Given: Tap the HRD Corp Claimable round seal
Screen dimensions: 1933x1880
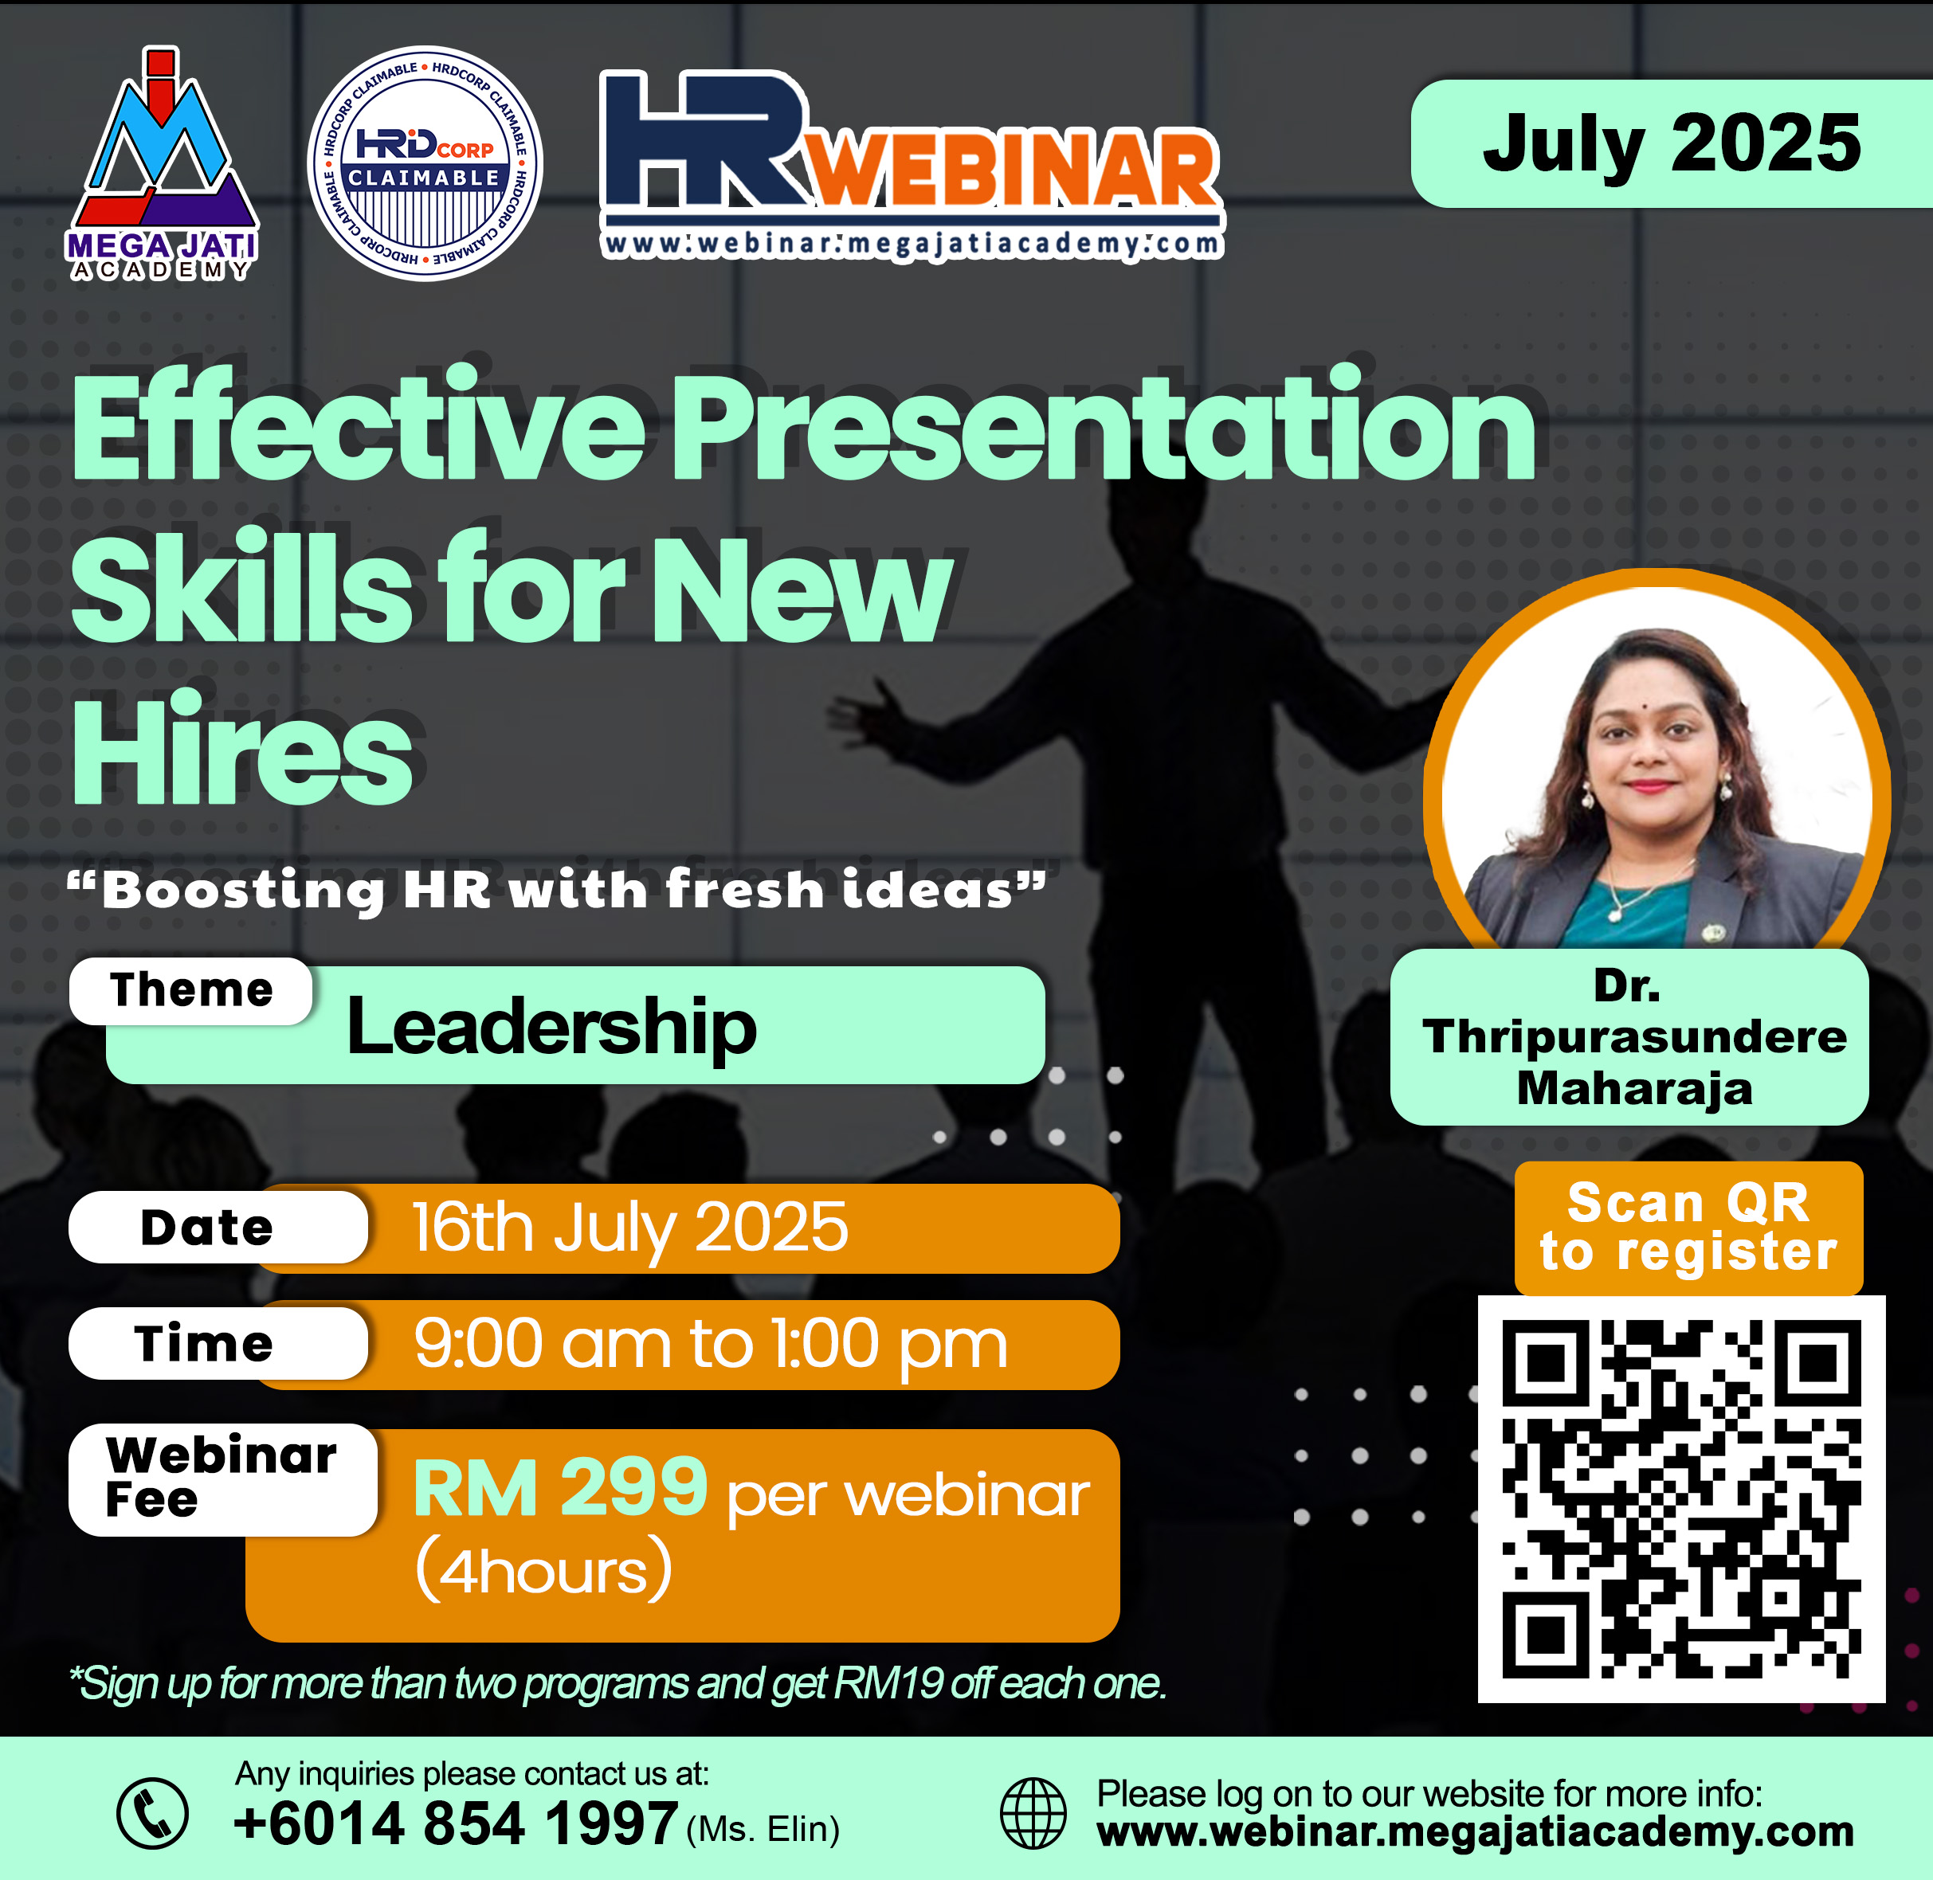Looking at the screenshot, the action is (x=425, y=163).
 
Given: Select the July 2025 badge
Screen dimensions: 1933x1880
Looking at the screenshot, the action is (x=1671, y=143).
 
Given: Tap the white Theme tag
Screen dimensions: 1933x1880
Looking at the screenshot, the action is (x=190, y=990).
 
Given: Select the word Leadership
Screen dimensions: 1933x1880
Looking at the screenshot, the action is (x=551, y=1027).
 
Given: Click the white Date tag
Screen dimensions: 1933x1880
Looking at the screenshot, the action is (x=218, y=1228).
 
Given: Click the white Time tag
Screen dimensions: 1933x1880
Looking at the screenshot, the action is (x=218, y=1344).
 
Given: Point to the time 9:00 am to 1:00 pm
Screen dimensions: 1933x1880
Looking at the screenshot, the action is (x=710, y=1344).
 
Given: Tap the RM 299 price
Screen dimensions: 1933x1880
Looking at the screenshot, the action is (x=560, y=1487).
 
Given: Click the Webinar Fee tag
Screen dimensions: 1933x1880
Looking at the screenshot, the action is (x=222, y=1479).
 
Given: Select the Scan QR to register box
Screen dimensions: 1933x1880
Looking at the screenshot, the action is (x=1689, y=1228).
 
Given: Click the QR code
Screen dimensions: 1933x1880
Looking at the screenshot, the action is (x=1681, y=1499).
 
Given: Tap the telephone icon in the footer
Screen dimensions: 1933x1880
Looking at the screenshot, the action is (x=152, y=1813).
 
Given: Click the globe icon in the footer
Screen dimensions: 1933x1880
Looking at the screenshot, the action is (x=1033, y=1813).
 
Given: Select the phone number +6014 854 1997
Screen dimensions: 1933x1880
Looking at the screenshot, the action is (x=455, y=1823).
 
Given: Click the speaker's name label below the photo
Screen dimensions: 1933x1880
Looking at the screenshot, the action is (x=1629, y=1036).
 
